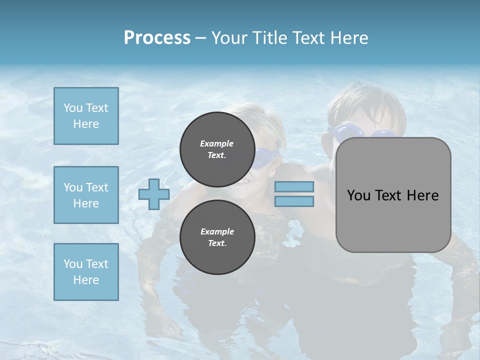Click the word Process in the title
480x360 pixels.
(x=157, y=38)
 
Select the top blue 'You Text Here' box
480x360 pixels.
(x=86, y=116)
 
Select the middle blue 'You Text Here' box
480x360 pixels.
(x=86, y=195)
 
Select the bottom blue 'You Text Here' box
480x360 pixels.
(x=86, y=271)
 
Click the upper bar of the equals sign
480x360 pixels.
(x=294, y=187)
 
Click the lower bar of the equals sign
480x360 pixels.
(x=294, y=201)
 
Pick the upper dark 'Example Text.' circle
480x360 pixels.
(x=217, y=149)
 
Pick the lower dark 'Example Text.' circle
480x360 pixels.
(x=217, y=237)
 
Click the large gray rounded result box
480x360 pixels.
(x=393, y=195)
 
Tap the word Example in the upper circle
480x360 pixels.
(x=217, y=143)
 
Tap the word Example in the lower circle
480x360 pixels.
(x=217, y=231)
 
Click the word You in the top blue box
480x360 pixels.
(x=72, y=108)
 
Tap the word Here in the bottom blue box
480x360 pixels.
(x=86, y=280)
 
